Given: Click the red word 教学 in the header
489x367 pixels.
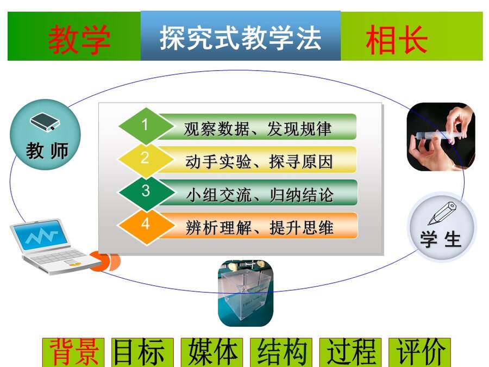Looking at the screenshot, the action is (x=79, y=39).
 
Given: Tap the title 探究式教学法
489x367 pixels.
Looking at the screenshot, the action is (x=241, y=38).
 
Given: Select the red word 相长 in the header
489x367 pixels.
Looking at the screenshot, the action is (x=397, y=39).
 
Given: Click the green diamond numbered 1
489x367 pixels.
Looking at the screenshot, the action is (x=146, y=126).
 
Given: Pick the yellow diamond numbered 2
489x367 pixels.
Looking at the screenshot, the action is (x=145, y=159).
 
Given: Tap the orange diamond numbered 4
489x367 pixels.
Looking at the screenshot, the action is (x=146, y=225).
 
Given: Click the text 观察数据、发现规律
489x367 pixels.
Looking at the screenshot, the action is (x=258, y=128).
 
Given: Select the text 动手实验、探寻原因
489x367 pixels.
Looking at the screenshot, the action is (x=259, y=161).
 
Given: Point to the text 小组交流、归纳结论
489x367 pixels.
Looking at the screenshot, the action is (x=260, y=195).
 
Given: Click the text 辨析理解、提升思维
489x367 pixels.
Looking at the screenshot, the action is (x=260, y=227).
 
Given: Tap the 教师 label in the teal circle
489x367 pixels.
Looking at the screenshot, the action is (x=47, y=151).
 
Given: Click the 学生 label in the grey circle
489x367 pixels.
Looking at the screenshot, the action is (x=441, y=239).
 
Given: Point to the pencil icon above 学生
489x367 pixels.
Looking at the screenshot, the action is (x=442, y=213).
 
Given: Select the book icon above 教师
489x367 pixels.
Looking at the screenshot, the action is (x=45, y=122).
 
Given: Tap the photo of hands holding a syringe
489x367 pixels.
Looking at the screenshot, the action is (x=441, y=136).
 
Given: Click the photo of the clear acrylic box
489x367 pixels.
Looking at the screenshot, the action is (x=246, y=294).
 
